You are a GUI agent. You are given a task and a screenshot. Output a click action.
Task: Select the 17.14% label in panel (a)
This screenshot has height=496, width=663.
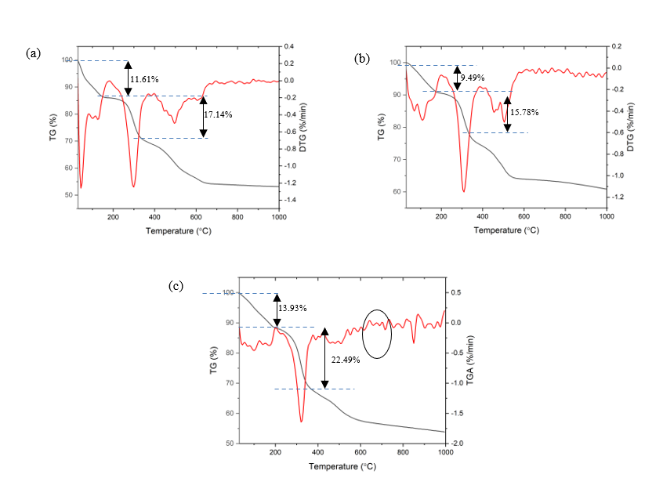[x=219, y=114]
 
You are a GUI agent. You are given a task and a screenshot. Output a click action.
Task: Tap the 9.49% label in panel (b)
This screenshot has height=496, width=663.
[x=473, y=78]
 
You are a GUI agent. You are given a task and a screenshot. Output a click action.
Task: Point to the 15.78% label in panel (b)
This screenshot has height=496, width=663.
[x=524, y=112]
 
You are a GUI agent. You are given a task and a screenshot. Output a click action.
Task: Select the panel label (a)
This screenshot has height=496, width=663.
[x=33, y=52]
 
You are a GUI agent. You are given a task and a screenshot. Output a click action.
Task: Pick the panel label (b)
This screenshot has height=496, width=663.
[x=362, y=58]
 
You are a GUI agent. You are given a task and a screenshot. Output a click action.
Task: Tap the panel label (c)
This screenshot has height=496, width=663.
[x=176, y=285]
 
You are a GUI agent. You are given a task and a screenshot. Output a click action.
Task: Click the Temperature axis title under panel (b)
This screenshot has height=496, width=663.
[x=505, y=230]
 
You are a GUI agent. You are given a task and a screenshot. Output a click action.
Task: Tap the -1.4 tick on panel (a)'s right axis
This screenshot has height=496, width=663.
[x=291, y=201]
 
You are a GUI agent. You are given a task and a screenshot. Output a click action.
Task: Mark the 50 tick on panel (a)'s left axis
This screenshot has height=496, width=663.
[x=67, y=194]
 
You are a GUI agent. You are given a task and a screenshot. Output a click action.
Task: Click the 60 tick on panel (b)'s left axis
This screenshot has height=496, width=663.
[x=396, y=192]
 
